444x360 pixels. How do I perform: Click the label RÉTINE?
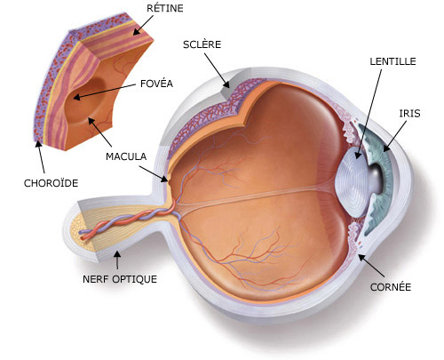coord(165,8)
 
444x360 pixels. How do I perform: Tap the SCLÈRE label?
coord(202,44)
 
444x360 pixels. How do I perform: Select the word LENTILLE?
coord(392,61)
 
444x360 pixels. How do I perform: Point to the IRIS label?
coord(409,113)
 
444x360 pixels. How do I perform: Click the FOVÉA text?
coord(156,84)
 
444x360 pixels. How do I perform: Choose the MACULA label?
coord(126,156)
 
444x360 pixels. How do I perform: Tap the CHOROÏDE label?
coord(51,183)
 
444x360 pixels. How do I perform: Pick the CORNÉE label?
coord(391,287)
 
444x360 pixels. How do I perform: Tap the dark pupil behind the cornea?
coord(375,178)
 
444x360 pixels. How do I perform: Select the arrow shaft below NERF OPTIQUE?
coord(118,260)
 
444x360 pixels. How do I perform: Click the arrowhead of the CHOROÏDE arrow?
coord(38,145)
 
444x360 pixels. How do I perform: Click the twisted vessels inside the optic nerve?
coord(127,221)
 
